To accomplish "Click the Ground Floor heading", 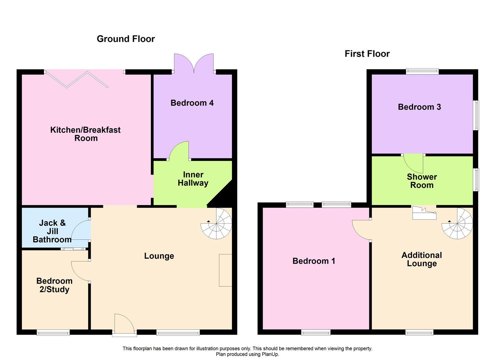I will (x=126, y=39).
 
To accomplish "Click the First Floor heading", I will (x=367, y=54).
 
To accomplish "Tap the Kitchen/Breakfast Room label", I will (x=86, y=134).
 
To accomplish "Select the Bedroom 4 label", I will (x=192, y=103).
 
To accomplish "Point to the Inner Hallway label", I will (x=193, y=179).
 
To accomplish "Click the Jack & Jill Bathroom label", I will (x=52, y=231).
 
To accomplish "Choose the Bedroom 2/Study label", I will (x=54, y=285).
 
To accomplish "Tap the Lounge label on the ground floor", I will (x=159, y=256).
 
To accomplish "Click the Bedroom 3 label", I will (x=419, y=107).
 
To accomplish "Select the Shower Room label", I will (x=422, y=181).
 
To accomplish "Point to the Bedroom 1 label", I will (x=314, y=261).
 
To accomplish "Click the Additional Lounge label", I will (x=422, y=259).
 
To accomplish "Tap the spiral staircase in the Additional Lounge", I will (x=457, y=224).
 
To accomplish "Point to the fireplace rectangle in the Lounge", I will (x=225, y=270).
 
